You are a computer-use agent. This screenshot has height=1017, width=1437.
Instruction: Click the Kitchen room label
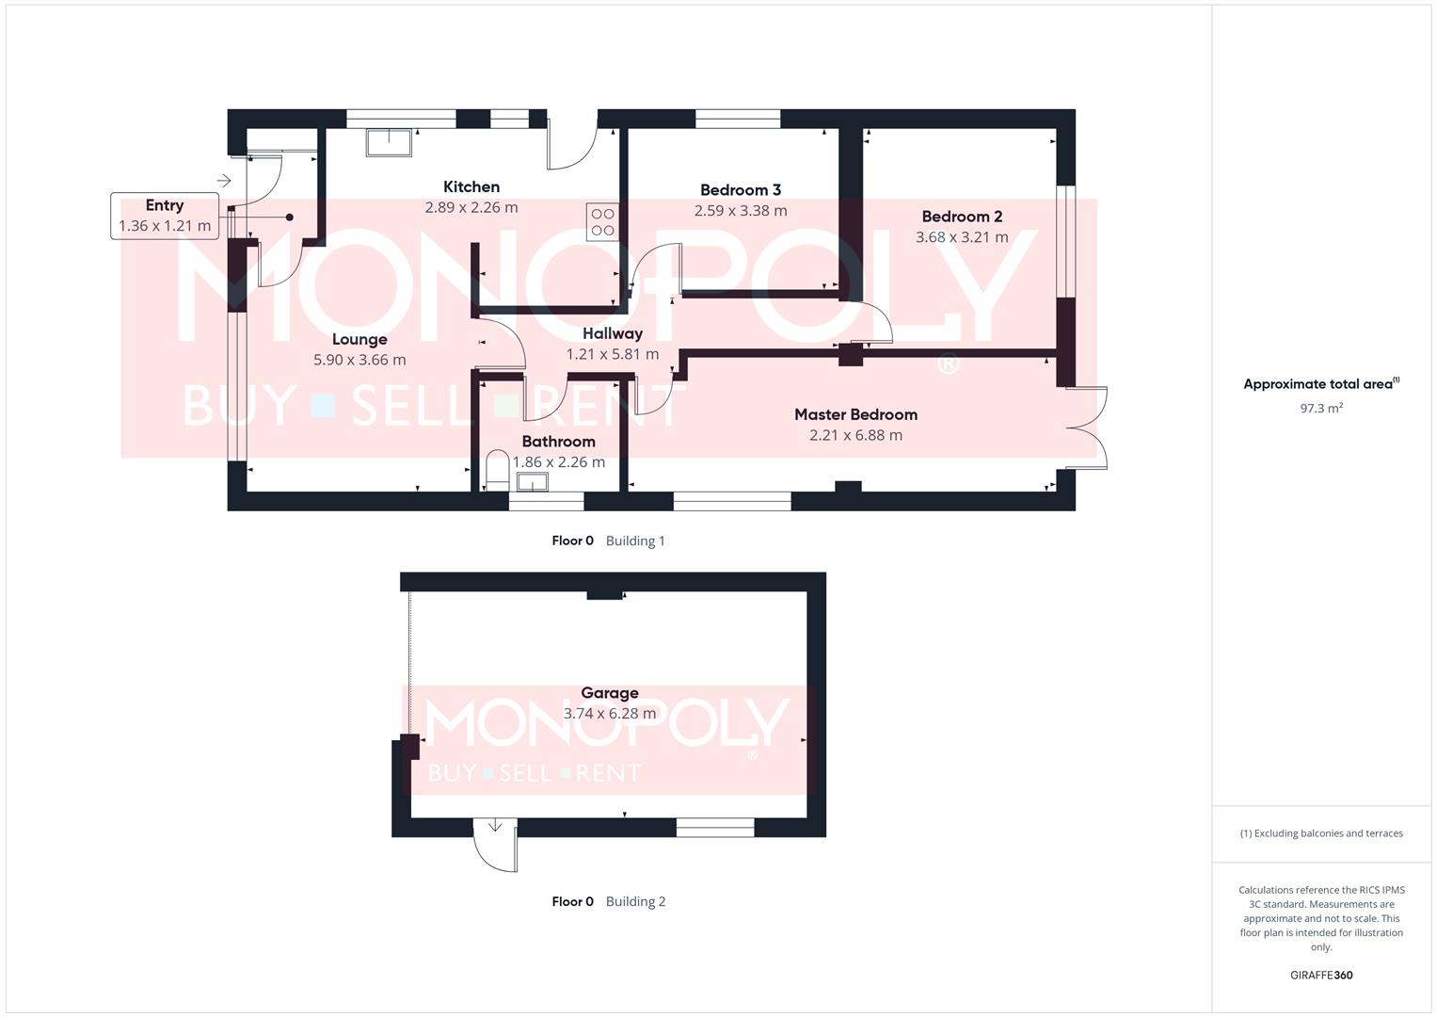(471, 187)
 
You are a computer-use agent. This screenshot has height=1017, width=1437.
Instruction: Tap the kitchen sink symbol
(390, 142)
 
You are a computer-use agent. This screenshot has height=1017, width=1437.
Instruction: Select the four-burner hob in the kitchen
(602, 222)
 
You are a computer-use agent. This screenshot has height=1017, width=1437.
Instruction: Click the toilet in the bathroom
(497, 470)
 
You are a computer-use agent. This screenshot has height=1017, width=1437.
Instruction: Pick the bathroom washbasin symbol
(533, 482)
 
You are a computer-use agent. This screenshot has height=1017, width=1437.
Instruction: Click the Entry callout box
(165, 216)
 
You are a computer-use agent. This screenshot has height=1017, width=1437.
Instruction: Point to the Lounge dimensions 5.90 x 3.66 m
(359, 360)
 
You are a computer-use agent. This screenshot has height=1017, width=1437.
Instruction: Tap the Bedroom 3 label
(740, 190)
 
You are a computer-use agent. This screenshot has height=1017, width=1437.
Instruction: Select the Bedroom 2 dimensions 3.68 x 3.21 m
(962, 237)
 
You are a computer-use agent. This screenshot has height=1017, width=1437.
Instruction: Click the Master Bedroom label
(855, 414)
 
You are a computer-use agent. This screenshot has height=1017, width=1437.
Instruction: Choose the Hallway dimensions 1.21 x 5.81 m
(612, 354)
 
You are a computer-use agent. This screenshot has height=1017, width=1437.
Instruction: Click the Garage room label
(609, 693)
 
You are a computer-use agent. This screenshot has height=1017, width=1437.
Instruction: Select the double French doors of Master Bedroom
(1090, 428)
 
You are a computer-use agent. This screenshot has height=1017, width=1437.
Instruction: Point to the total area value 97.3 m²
(1320, 409)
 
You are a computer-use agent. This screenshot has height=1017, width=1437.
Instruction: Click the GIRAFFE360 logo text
(1320, 976)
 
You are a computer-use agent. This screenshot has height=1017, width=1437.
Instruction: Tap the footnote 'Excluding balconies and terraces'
(1320, 833)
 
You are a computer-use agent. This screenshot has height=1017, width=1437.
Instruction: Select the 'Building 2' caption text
(635, 902)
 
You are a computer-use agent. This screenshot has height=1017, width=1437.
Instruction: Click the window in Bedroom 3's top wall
(738, 119)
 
